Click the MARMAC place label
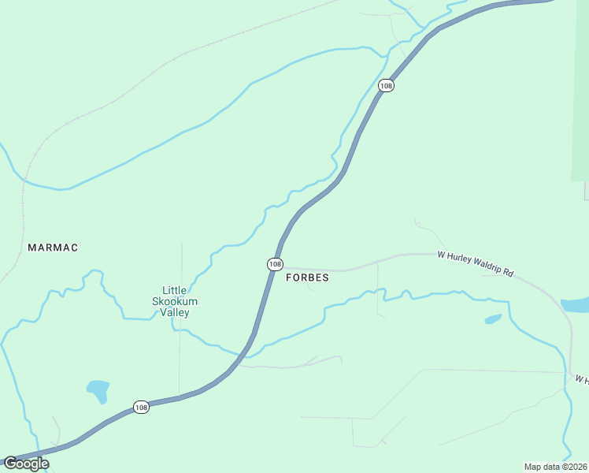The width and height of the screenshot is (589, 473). point(53,248)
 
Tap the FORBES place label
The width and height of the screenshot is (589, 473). point(307,277)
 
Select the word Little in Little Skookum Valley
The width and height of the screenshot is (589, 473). point(174,290)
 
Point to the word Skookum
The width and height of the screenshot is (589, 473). point(175,301)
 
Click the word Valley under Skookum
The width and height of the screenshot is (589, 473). point(175,312)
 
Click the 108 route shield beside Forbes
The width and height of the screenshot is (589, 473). point(274,264)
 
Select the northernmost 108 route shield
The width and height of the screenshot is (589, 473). point(385,85)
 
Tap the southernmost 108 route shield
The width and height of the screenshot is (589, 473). point(140,407)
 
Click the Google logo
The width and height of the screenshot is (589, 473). point(26,464)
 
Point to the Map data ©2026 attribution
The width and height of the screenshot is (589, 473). point(556,467)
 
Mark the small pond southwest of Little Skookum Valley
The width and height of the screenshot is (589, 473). point(98,389)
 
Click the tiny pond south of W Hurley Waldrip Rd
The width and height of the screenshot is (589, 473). point(493,319)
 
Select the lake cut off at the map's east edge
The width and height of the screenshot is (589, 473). point(576,304)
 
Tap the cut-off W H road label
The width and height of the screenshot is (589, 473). point(582,380)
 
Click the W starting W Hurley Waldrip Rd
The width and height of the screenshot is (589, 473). point(442,255)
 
